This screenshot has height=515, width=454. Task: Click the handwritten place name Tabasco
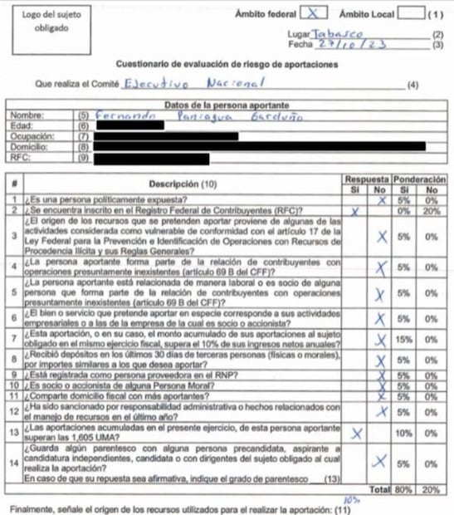(x=336, y=33)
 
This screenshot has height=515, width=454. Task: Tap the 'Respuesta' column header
(x=366, y=179)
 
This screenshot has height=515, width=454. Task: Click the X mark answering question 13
(x=358, y=433)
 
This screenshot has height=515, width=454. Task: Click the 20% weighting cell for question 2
(x=432, y=210)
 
